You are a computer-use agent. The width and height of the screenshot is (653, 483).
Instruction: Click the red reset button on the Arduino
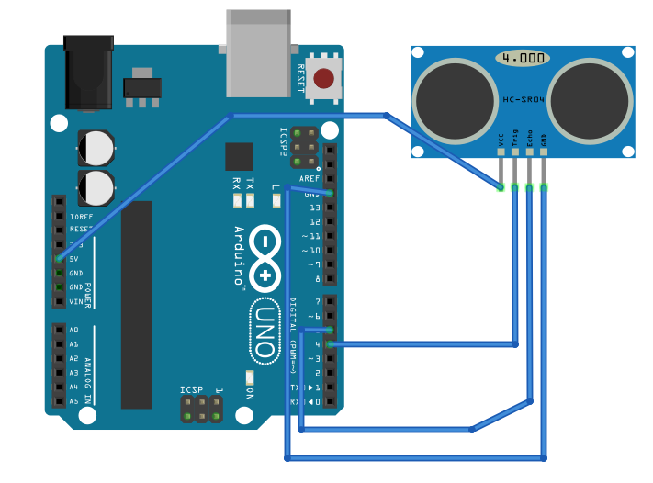323,79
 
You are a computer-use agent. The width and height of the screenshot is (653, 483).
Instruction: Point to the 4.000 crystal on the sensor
524,58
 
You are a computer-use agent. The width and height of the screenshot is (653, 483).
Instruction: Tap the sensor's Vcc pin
501,169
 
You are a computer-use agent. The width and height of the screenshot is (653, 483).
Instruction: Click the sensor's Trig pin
515,169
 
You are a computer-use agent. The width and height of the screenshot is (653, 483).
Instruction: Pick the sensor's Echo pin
530,169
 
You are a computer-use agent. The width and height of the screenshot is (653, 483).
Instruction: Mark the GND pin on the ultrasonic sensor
545,169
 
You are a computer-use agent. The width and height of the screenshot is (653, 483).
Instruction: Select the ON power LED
249,377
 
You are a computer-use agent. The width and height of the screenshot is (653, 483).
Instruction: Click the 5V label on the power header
74,259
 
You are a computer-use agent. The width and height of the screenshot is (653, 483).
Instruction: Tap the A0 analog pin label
74,330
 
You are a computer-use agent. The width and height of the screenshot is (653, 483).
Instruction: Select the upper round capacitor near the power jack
96,147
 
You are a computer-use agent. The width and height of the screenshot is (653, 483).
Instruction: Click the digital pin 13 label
315,208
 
